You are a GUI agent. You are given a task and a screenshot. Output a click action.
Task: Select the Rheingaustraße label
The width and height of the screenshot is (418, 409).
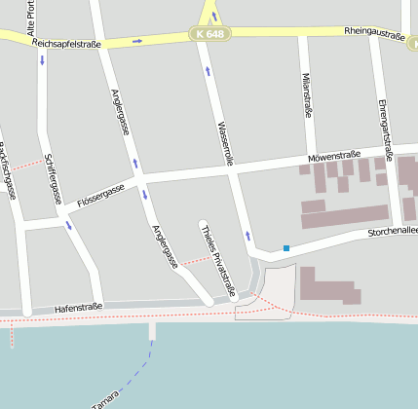(375, 32)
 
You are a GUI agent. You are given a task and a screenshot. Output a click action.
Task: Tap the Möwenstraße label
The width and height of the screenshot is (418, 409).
(333, 156)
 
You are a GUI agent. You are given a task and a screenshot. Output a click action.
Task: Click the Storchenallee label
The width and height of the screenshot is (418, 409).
(392, 232)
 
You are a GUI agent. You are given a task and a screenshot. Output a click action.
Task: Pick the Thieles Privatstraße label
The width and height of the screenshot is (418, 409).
(218, 259)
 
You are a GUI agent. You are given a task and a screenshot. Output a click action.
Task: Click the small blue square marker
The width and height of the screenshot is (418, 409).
(286, 248)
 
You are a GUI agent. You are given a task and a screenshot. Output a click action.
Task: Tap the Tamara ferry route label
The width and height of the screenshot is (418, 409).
(105, 400)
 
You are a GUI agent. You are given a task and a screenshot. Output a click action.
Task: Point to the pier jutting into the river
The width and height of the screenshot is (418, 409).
(152, 330)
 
